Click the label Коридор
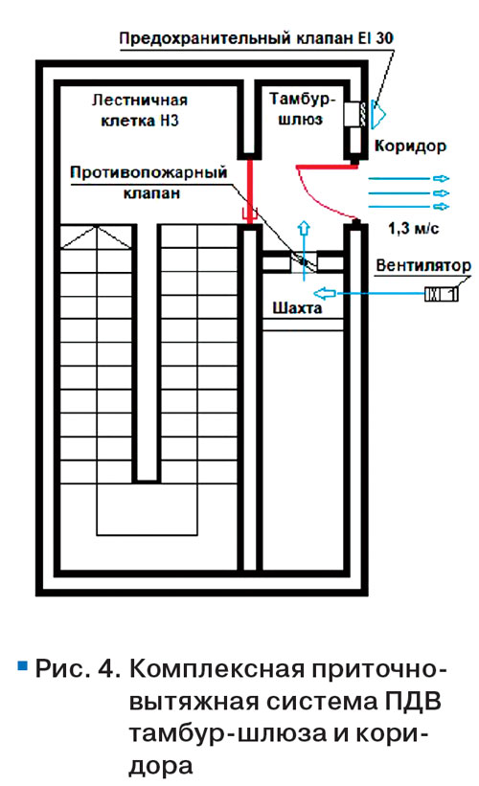pos(410,146)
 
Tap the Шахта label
pos(297,307)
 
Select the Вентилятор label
pos(423,265)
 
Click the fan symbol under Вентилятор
pos(442,294)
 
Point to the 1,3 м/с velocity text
pos(413,229)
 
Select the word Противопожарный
pos(148,173)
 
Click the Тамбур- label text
pos(302,99)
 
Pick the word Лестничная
pos(140,101)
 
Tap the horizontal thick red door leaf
pos(327,166)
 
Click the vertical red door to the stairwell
pos(249,190)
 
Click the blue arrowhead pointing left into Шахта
pos(321,293)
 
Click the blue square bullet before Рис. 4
pos(22,665)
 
